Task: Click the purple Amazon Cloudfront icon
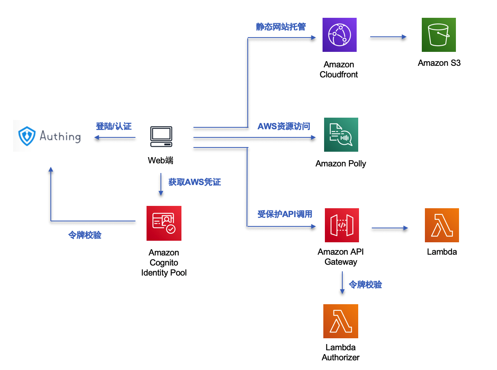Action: point(339,35)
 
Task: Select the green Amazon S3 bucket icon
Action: point(438,35)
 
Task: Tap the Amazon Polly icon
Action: point(341,134)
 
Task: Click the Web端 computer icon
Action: point(161,137)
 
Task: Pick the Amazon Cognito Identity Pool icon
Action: point(164,223)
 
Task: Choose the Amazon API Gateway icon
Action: point(342,225)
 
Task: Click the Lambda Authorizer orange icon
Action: point(340,321)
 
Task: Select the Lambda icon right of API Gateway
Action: point(442,225)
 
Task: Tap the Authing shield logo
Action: point(27,136)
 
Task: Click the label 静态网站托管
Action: point(281,27)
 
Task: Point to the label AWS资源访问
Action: point(284,126)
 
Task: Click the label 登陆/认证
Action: point(114,126)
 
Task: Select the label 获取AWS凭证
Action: point(195,182)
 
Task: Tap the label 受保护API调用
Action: point(285,214)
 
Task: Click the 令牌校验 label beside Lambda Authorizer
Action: point(365,284)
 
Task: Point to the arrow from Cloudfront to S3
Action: point(388,37)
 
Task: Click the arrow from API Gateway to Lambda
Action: point(390,228)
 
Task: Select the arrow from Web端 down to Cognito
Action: point(161,184)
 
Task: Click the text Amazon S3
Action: point(439,63)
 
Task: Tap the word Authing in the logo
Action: point(60,136)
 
